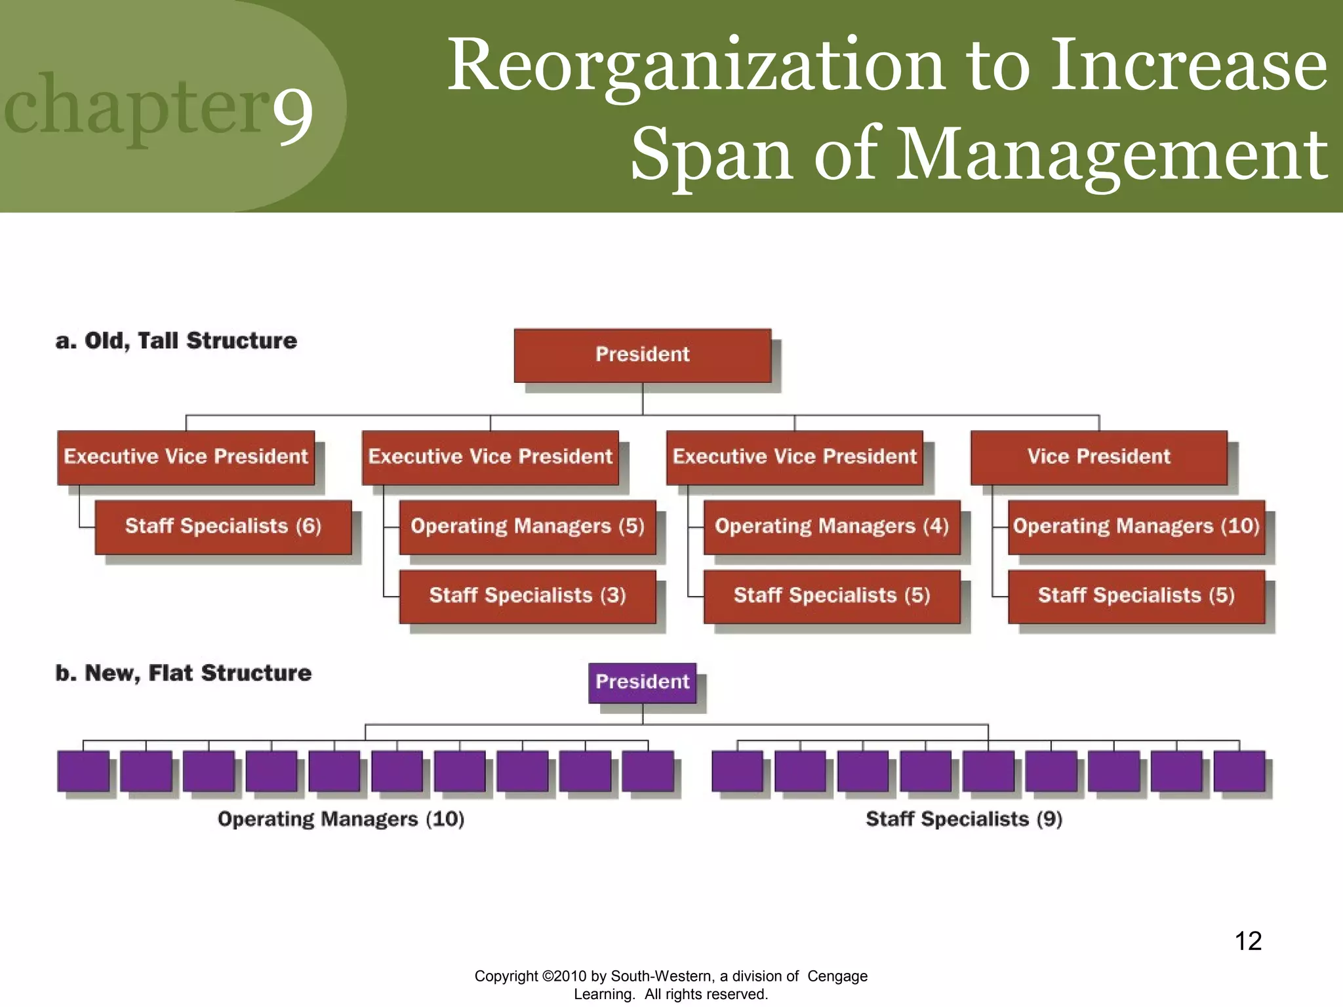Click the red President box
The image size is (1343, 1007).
click(x=642, y=355)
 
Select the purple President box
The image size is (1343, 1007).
click(x=642, y=682)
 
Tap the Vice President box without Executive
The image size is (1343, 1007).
click(x=1098, y=457)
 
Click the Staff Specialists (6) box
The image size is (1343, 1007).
click(x=223, y=526)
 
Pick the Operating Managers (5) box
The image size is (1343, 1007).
click(x=527, y=526)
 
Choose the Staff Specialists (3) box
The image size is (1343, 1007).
click(x=527, y=596)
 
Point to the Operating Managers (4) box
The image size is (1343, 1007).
click(x=832, y=526)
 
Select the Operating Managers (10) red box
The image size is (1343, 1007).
click(x=1136, y=526)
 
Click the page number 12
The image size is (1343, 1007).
click(x=1248, y=941)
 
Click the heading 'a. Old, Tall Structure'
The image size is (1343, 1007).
click(x=176, y=341)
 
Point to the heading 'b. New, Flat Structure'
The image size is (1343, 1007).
click(x=184, y=673)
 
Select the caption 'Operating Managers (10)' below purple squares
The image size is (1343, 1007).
click(x=341, y=819)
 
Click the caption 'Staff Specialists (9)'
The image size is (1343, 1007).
click(x=964, y=819)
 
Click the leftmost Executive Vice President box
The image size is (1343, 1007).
click(x=186, y=457)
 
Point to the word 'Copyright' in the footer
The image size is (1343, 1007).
click(x=506, y=976)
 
